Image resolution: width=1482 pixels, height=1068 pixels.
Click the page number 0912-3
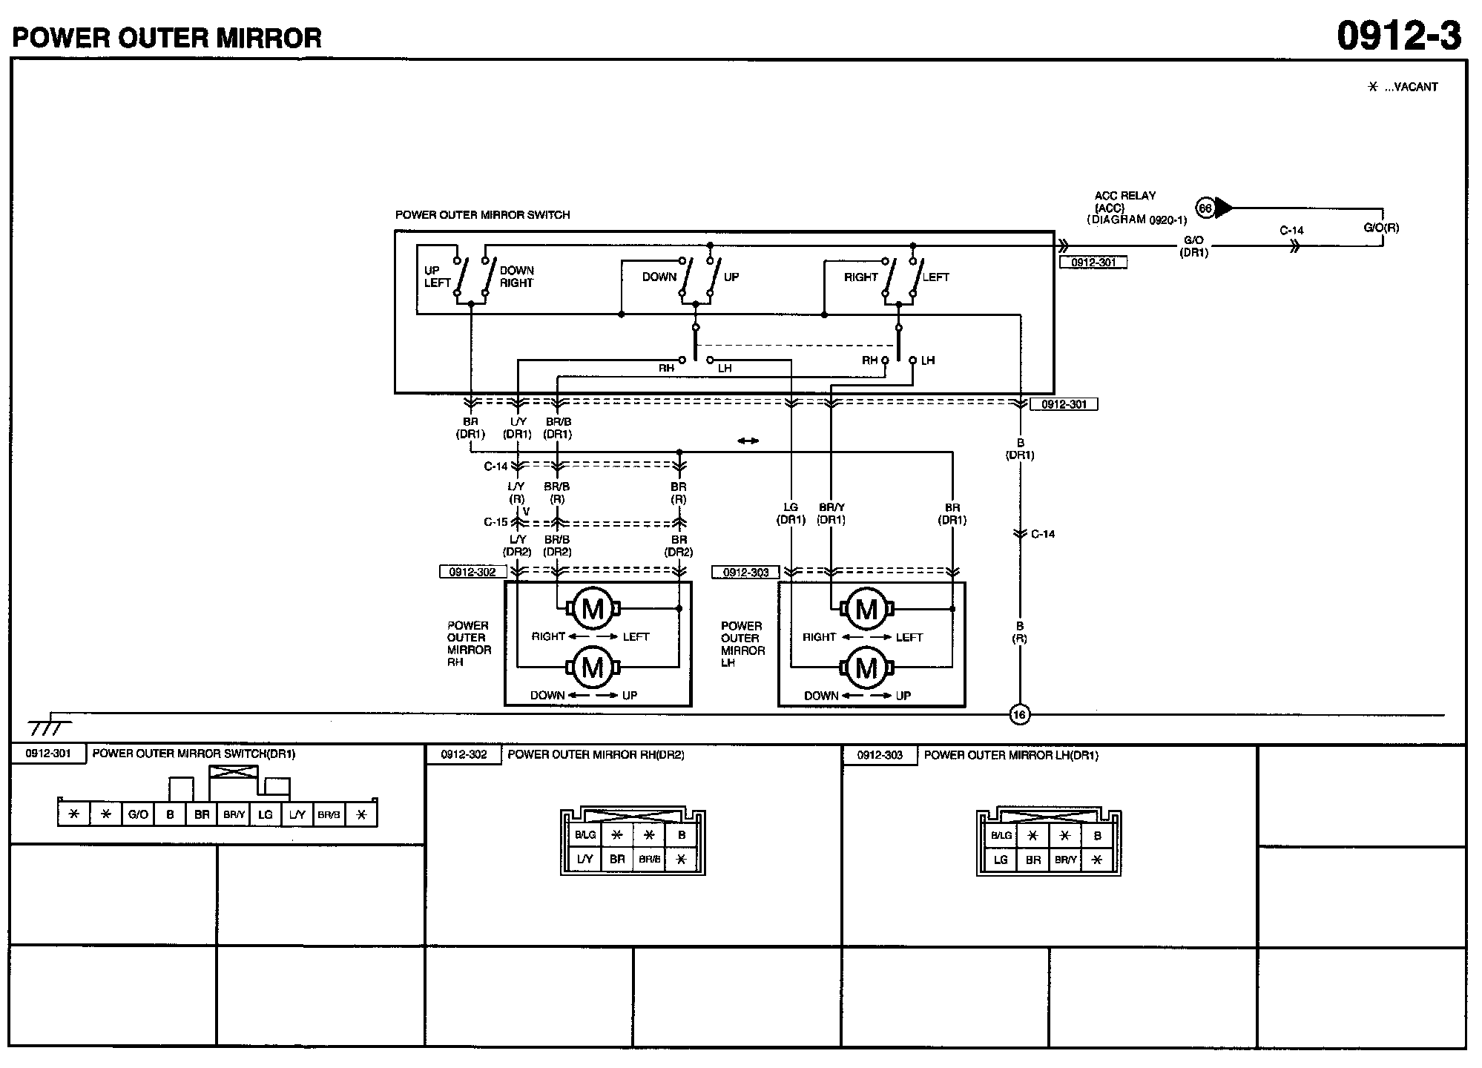pyautogui.click(x=1398, y=36)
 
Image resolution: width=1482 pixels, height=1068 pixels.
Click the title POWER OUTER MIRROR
pyautogui.click(x=167, y=37)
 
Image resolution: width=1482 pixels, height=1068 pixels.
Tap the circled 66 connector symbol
pyautogui.click(x=1205, y=208)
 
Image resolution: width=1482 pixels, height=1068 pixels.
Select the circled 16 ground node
pyautogui.click(x=1019, y=715)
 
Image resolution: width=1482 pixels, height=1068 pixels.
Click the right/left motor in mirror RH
pyautogui.click(x=593, y=609)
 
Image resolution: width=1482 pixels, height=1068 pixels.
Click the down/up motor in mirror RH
pyautogui.click(x=593, y=667)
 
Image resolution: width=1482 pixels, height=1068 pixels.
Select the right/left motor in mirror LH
pyautogui.click(x=866, y=609)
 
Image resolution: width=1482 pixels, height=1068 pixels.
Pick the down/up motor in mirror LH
pyautogui.click(x=866, y=668)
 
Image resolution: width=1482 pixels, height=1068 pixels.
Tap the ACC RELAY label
pyautogui.click(x=1125, y=196)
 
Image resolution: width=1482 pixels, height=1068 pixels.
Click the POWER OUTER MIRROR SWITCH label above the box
pyautogui.click(x=482, y=215)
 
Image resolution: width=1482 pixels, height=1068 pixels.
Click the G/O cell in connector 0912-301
pyautogui.click(x=138, y=814)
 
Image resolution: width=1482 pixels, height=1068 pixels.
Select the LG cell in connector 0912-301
pyautogui.click(x=265, y=814)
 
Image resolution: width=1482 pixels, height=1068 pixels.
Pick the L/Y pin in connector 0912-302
pyautogui.click(x=584, y=859)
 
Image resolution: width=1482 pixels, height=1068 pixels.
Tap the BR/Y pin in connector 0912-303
pyautogui.click(x=1065, y=860)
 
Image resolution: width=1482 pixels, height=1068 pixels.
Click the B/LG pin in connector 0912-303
pyautogui.click(x=1001, y=836)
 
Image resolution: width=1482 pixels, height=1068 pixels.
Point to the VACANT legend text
pyautogui.click(x=1411, y=87)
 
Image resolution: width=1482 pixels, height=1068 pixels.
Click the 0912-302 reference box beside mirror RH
pyautogui.click(x=472, y=573)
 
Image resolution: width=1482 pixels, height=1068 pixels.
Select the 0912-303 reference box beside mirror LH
pyautogui.click(x=745, y=573)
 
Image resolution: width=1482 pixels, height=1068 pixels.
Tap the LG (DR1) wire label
pyautogui.click(x=791, y=513)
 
